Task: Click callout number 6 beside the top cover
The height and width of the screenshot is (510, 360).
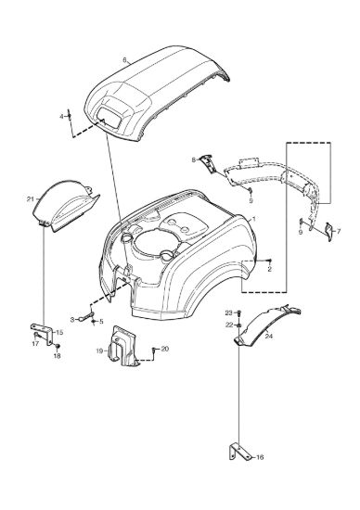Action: click(x=124, y=60)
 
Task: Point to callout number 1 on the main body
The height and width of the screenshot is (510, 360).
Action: click(x=254, y=219)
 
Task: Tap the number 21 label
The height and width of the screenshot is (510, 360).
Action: click(x=30, y=199)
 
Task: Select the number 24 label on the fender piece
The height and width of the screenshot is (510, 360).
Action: click(x=268, y=336)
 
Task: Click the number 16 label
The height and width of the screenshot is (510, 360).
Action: click(x=260, y=457)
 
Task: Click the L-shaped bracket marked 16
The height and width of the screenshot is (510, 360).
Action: click(x=239, y=453)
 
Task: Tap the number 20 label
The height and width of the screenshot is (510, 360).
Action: click(x=165, y=349)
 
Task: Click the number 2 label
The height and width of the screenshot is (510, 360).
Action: click(x=269, y=269)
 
